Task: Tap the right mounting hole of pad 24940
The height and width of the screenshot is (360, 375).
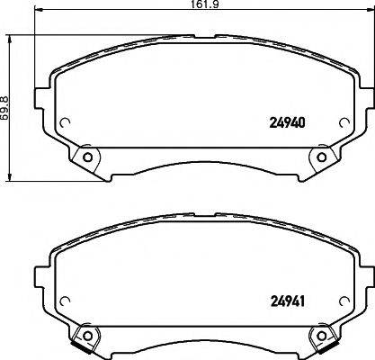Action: (319, 158)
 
